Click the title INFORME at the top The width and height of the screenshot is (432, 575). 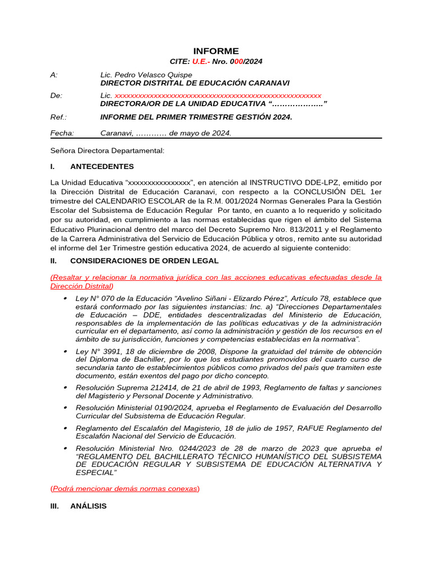[216, 51]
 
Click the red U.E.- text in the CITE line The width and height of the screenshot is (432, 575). [201, 62]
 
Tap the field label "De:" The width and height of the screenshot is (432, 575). [56, 95]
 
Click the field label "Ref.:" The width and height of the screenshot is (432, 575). [58, 117]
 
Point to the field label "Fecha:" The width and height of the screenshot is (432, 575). [62, 133]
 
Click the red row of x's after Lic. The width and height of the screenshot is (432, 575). [218, 95]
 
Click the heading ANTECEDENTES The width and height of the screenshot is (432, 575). [102, 167]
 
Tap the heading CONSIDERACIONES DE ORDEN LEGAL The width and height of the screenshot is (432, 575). [145, 261]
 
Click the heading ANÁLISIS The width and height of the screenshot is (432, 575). [88, 506]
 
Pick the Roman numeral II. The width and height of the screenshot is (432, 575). [54, 261]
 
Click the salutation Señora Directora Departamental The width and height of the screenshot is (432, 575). [107, 150]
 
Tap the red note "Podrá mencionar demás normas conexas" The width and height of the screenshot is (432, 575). [125, 489]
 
